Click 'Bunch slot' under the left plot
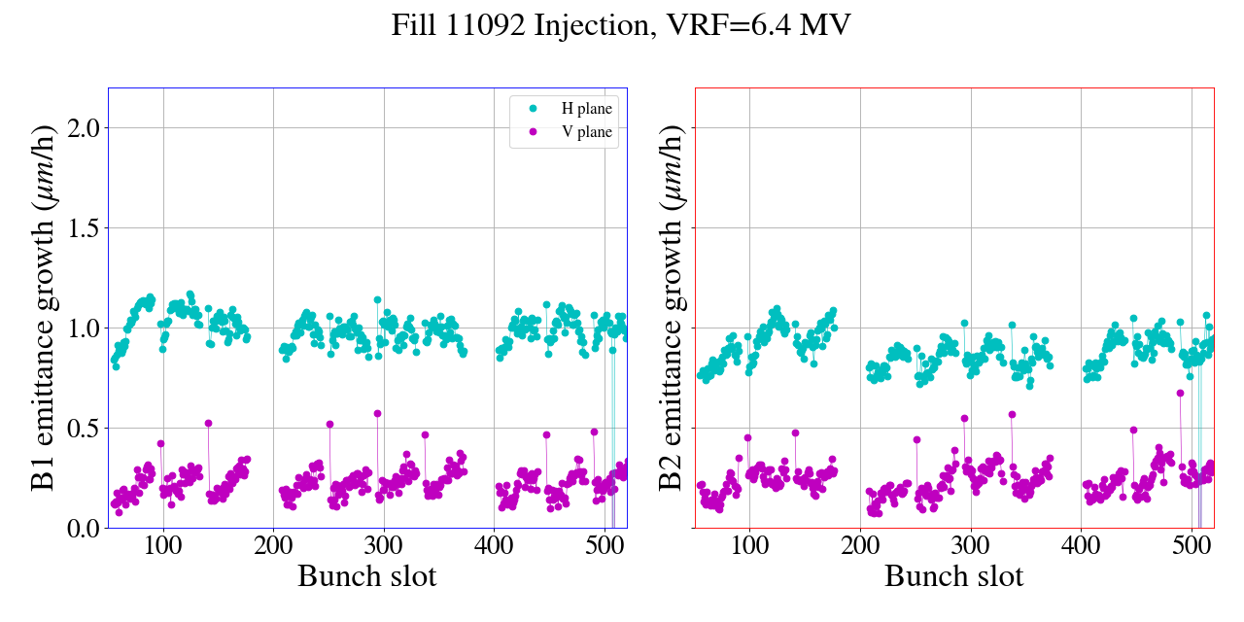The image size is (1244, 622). click(367, 576)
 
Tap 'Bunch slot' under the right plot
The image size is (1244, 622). click(954, 576)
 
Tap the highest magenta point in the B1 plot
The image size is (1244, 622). click(377, 413)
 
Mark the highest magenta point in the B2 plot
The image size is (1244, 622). click(1180, 393)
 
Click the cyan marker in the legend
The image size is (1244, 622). click(533, 109)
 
